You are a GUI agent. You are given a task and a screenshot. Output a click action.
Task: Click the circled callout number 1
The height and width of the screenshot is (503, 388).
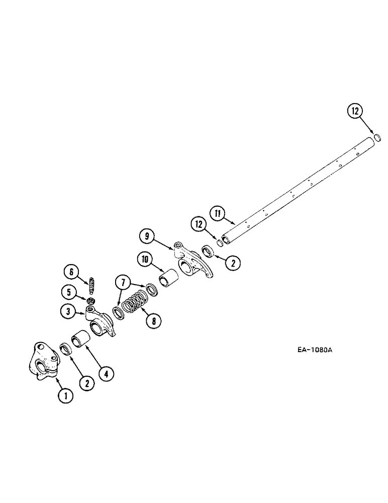[x=65, y=396]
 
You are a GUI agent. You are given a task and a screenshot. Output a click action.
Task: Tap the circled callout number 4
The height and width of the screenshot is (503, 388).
[x=106, y=373]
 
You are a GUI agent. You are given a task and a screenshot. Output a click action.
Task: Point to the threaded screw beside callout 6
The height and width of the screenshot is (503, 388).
[x=91, y=286]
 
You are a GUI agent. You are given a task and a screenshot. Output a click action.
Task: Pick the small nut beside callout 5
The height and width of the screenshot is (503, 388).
[x=91, y=301]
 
